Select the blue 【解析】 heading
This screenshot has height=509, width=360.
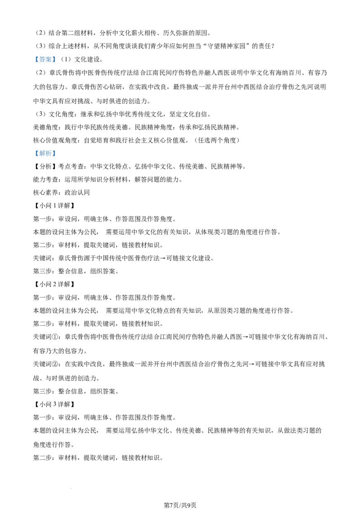tap(45, 153)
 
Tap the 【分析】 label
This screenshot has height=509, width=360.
tap(45, 166)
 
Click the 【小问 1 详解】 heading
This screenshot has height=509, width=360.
tap(54, 205)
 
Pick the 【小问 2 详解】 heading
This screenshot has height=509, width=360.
tap(54, 284)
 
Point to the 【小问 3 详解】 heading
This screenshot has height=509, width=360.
tap(54, 404)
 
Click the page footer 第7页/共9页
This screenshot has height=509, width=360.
tap(180, 505)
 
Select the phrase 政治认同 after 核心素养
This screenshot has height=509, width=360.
tap(77, 192)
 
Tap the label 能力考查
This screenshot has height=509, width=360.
tap(45, 179)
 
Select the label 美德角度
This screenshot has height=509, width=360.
tap(45, 127)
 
